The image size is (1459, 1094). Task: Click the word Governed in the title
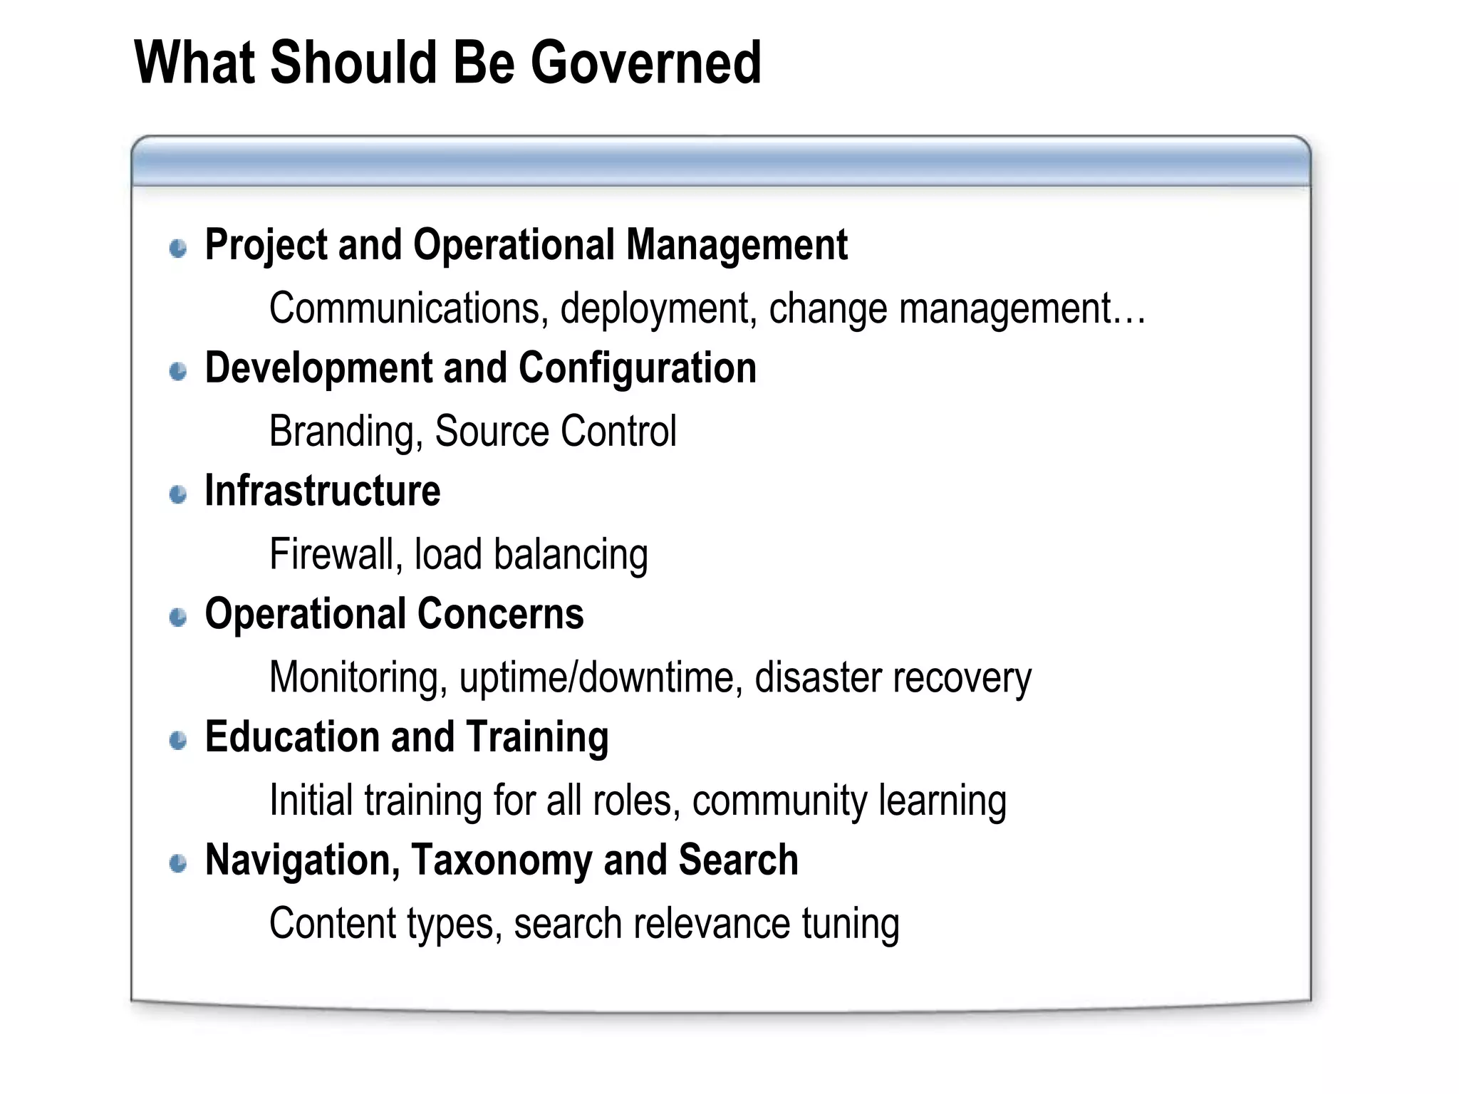645,64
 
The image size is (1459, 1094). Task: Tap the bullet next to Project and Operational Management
178,248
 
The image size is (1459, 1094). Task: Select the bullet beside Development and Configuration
178,371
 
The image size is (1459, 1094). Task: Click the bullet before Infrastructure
178,494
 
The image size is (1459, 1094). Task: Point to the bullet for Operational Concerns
178,617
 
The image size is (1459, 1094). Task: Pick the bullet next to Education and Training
178,740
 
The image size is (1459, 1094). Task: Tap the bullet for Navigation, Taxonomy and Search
178,863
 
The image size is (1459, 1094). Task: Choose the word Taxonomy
502,860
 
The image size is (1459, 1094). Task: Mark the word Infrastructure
323,491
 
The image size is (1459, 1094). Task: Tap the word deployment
658,310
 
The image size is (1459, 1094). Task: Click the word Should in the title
355,64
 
